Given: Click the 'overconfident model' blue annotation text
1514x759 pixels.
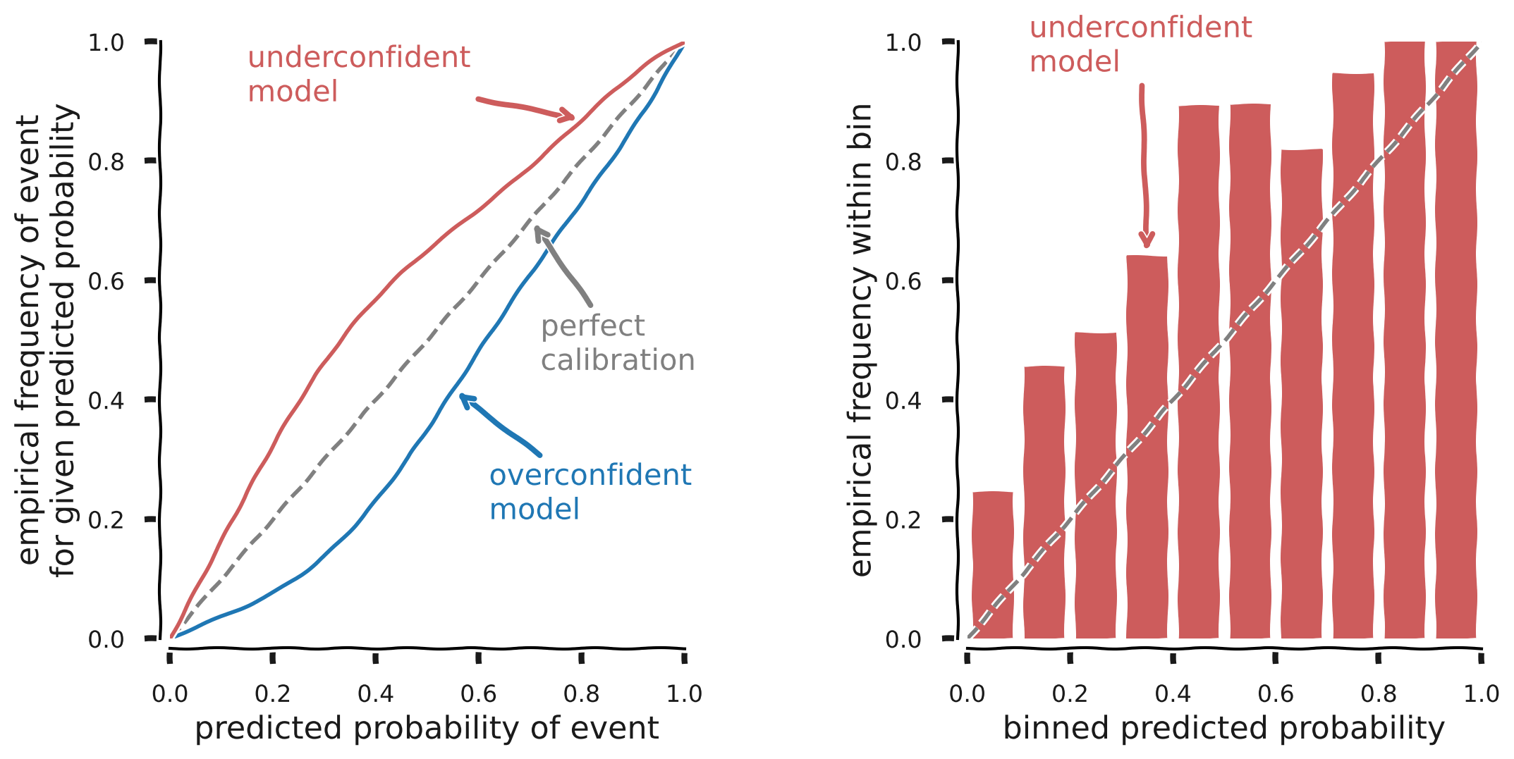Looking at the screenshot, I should pos(590,492).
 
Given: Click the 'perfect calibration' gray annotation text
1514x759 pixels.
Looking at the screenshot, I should pos(617,343).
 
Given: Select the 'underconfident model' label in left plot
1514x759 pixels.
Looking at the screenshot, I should pos(358,74).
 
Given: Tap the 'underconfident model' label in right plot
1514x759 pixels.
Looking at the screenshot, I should pos(1140,44).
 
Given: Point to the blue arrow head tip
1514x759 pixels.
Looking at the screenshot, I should pos(462,397).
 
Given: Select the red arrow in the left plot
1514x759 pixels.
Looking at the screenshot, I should pos(525,108).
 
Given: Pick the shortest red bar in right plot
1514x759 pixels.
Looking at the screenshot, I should pos(992,564).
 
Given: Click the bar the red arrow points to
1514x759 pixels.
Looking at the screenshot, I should pos(1147,448).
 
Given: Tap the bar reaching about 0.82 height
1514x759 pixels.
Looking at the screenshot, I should pos(1301,395).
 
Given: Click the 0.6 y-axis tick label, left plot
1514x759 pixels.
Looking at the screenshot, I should pos(106,281).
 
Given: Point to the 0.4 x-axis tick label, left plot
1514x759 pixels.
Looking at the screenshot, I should pos(375,694).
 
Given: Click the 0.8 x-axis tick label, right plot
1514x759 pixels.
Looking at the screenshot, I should pos(1378,694).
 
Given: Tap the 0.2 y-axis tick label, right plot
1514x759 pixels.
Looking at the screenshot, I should pos(903,520).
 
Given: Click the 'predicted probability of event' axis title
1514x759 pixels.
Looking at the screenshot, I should pos(427,729).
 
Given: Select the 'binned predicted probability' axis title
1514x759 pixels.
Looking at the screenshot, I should pos(1223,729).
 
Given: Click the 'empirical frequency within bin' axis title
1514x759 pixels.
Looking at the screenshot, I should pos(862,340).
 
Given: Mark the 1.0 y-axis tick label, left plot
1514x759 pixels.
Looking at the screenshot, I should pos(106,43).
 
